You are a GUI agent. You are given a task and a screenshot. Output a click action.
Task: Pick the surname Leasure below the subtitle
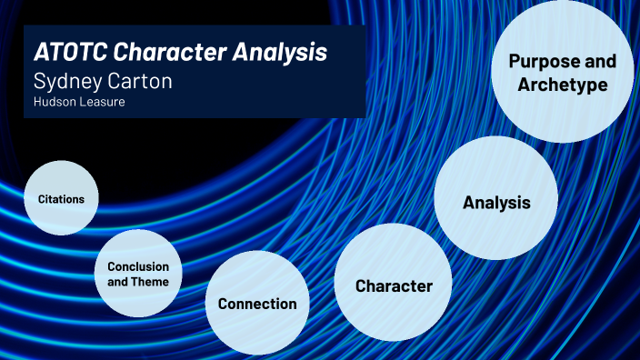[x=102, y=102]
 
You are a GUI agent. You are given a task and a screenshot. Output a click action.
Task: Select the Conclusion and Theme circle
[x=137, y=273]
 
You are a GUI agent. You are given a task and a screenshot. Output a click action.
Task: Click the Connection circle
[x=257, y=304]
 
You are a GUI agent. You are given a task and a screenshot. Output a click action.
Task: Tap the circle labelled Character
[x=394, y=286]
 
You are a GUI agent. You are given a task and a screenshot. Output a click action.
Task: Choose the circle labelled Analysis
[x=495, y=202]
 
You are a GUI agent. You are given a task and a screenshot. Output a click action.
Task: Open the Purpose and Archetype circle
[x=562, y=73]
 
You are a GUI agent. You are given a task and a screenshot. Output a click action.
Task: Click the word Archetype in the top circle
[x=562, y=85]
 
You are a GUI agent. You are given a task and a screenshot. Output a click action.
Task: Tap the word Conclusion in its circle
[x=138, y=266]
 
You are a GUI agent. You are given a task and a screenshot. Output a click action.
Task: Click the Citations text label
[x=61, y=198]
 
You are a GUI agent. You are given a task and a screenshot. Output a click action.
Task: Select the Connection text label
[x=257, y=304]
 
